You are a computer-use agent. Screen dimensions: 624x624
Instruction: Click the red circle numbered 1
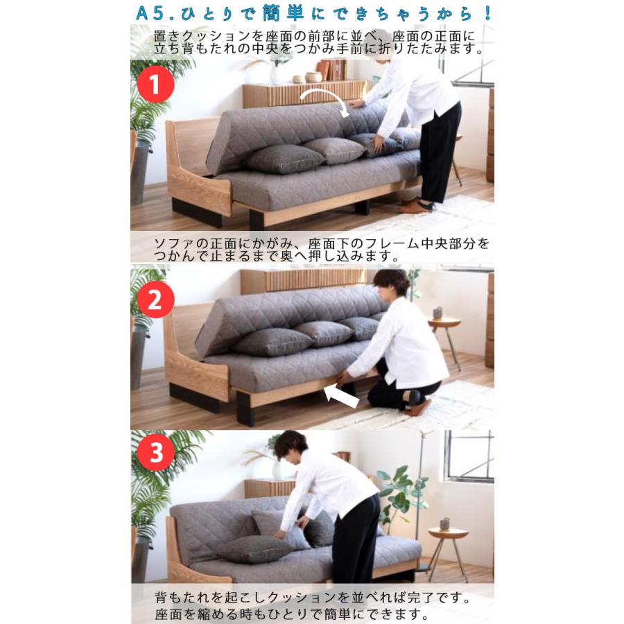(156, 85)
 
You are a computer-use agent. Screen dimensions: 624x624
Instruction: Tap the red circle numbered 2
(156, 299)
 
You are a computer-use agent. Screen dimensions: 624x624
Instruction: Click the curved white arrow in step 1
(327, 99)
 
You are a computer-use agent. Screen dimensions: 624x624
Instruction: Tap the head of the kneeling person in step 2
(392, 284)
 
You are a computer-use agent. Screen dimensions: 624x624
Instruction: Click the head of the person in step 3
(291, 446)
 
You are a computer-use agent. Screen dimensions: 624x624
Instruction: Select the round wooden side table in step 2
(444, 324)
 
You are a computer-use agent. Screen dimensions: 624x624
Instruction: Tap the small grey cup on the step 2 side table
(437, 313)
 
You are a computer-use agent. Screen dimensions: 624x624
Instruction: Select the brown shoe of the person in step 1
(415, 206)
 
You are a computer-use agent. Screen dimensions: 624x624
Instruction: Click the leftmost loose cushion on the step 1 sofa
(284, 159)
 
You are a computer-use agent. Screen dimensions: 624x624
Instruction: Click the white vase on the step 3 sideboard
(278, 469)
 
